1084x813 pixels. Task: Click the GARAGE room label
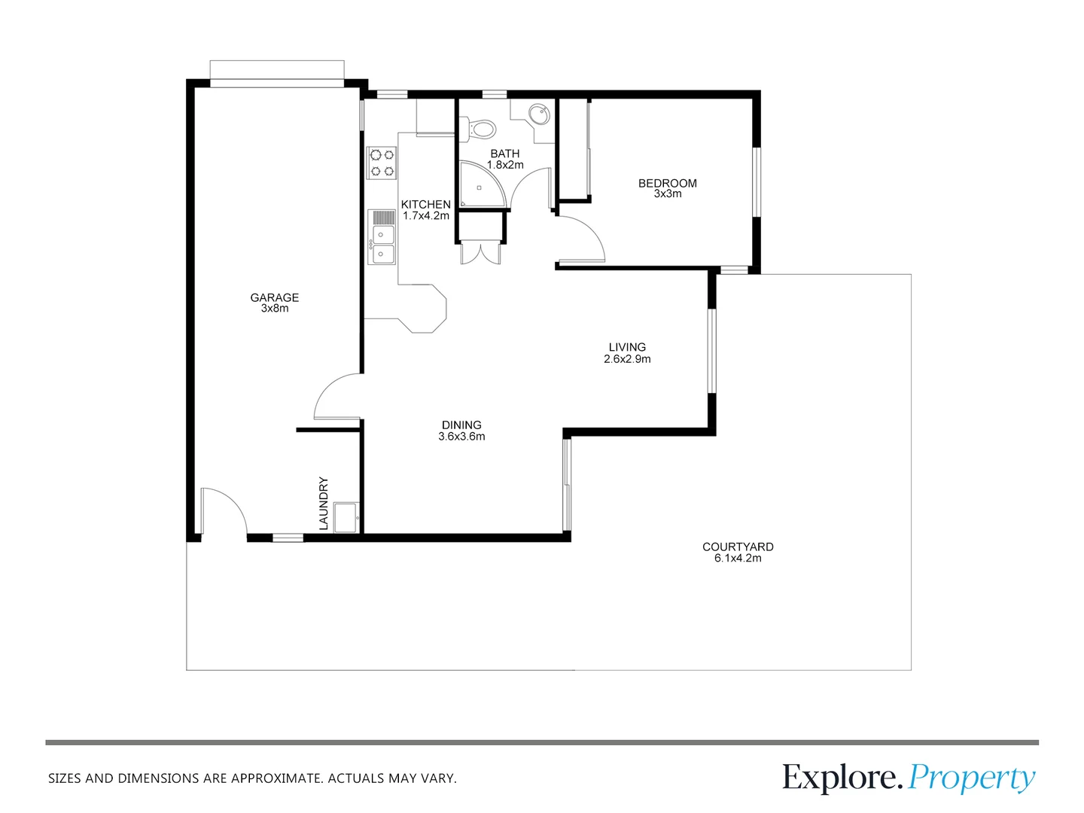275,297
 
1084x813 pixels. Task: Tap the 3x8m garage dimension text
275,309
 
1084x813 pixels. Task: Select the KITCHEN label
426,204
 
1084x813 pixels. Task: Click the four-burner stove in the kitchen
382,163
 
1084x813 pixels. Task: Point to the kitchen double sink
382,244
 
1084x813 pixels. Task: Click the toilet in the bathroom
479,128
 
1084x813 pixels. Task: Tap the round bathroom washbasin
538,115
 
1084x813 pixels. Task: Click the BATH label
505,154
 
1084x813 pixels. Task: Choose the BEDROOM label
668,183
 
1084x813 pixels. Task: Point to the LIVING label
627,347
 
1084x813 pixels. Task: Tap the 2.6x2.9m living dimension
627,359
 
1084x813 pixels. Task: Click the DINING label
461,425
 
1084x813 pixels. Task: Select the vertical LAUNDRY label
324,503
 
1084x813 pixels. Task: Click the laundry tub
346,517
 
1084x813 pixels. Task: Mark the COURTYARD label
738,547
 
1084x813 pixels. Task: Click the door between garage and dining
336,397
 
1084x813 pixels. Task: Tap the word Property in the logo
971,778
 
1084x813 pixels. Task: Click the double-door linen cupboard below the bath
480,253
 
